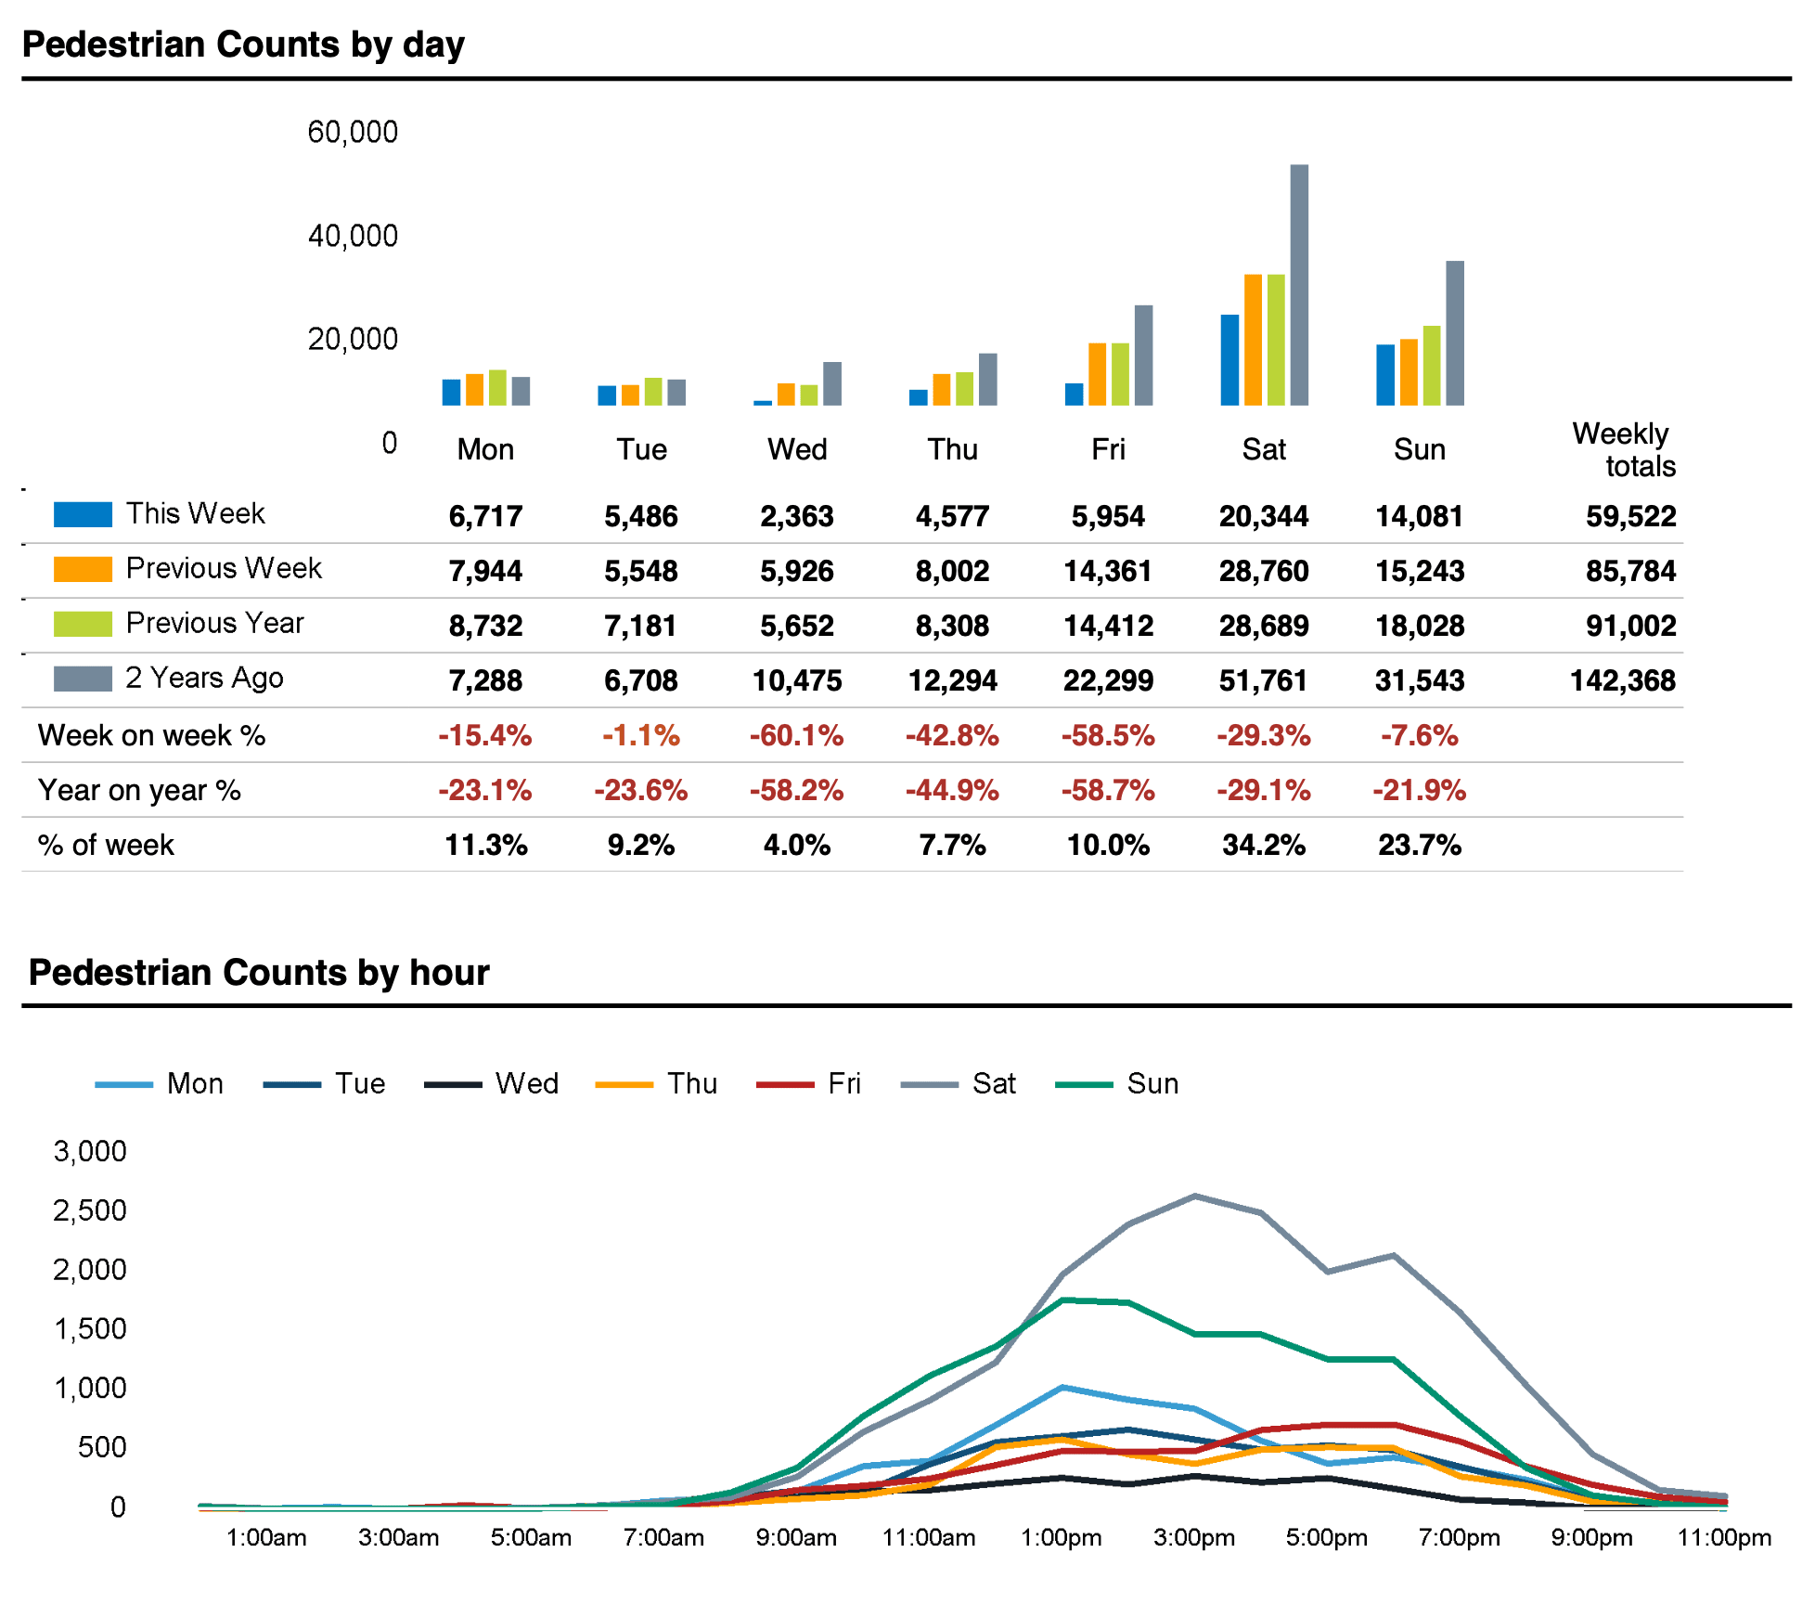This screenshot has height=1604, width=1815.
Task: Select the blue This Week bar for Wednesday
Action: tap(763, 403)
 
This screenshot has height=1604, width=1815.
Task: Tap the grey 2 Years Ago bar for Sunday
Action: tap(1455, 333)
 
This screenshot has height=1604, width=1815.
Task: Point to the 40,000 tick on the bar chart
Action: tap(353, 236)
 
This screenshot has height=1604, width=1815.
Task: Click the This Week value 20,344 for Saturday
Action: tap(1263, 516)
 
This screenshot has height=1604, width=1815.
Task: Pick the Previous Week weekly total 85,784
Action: tap(1630, 571)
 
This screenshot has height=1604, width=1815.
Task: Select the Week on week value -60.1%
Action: tap(796, 736)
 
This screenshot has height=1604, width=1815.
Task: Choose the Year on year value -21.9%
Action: tap(1419, 791)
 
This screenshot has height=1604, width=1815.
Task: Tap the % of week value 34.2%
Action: tap(1263, 846)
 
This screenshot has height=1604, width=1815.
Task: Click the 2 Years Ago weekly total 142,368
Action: tap(1622, 681)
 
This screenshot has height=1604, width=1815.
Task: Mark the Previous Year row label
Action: tap(214, 623)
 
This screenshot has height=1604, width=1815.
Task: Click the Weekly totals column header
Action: tap(1623, 450)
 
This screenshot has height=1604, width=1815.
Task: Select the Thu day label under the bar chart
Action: tap(953, 450)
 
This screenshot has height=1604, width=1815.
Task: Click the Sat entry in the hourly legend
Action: tap(994, 1084)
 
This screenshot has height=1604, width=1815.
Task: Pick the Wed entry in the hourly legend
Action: tap(526, 1084)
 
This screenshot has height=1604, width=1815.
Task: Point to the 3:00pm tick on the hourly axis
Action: tap(1194, 1538)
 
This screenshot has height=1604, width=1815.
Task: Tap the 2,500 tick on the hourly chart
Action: tap(89, 1210)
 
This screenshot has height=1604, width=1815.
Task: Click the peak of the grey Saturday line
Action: tap(1195, 1196)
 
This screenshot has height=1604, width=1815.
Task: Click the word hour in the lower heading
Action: tap(449, 973)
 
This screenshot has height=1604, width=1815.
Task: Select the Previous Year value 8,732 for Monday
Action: tap(485, 627)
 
